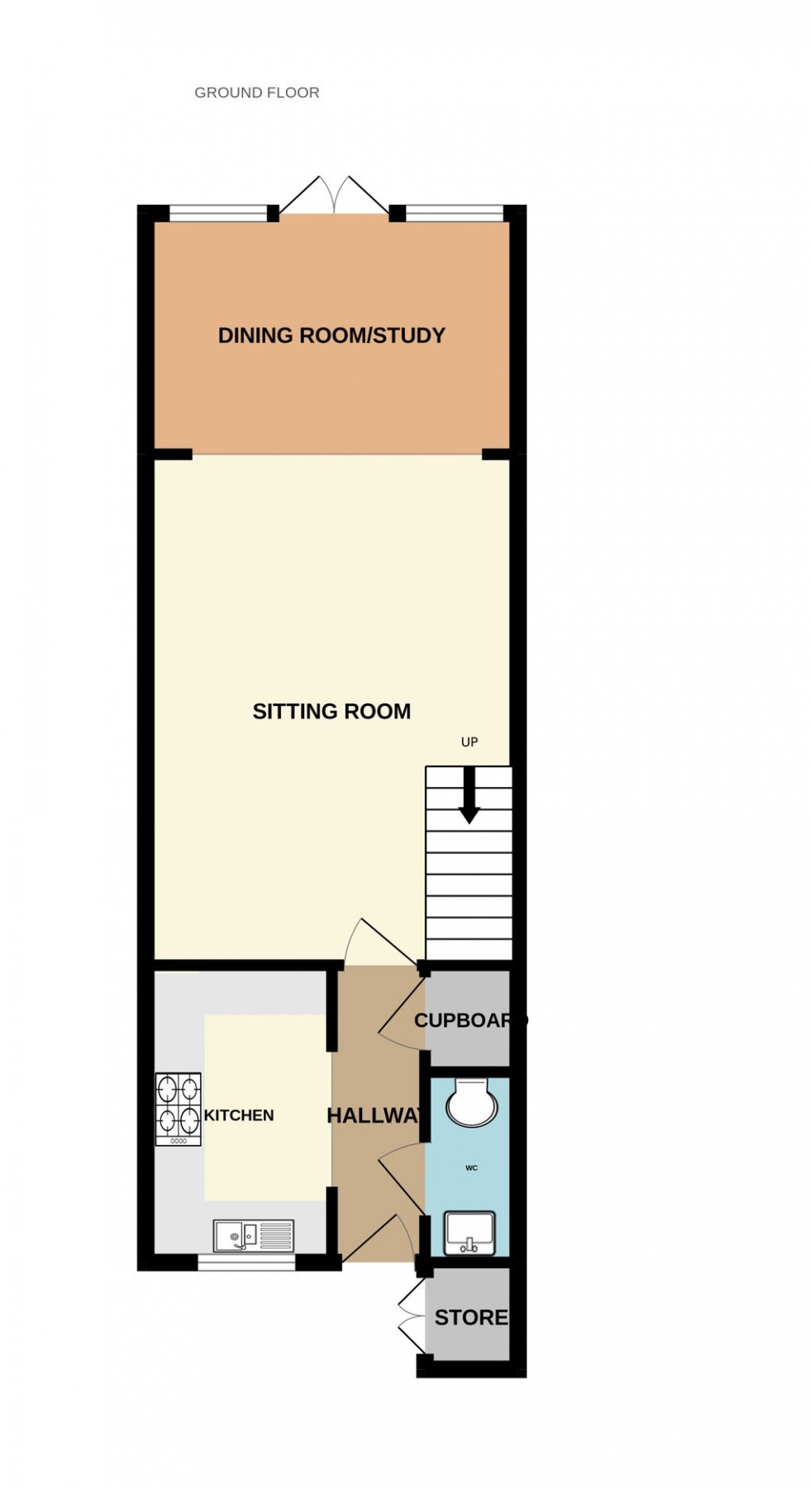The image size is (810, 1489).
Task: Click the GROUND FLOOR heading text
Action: (256, 93)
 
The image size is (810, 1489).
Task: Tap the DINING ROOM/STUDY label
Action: (331, 335)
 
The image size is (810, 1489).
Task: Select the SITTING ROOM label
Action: (331, 711)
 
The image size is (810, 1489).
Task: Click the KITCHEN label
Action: (239, 1115)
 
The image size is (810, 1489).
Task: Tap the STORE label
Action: (471, 1317)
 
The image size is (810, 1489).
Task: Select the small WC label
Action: (471, 1168)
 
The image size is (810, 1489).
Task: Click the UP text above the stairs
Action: (469, 742)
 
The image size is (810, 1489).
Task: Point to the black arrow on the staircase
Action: (469, 795)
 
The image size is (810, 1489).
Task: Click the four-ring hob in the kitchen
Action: (179, 1108)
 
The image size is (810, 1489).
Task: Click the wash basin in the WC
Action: (469, 1234)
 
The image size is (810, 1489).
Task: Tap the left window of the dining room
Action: (219, 214)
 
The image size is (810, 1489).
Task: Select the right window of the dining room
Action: (455, 214)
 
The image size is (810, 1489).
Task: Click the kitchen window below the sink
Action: (246, 1262)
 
